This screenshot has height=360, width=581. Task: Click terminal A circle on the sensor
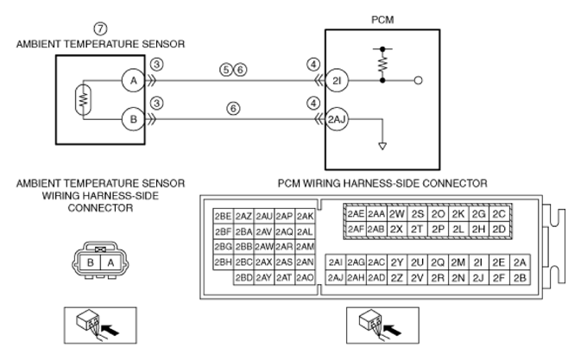tap(134, 80)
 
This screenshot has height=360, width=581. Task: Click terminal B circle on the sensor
tap(134, 119)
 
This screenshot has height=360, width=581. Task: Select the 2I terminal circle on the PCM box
tap(337, 80)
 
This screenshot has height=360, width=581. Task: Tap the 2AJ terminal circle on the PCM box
tap(337, 119)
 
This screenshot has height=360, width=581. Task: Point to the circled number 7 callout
tap(100, 28)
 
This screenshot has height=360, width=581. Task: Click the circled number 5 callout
tap(225, 70)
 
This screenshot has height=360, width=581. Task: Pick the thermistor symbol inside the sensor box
tap(84, 99)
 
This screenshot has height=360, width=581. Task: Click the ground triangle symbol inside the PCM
tap(382, 146)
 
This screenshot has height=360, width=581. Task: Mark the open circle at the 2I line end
tap(418, 80)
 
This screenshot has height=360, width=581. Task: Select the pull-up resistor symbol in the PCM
tap(382, 64)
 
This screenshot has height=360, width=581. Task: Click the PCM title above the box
tap(382, 20)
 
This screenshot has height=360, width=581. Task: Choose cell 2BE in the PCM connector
tap(223, 217)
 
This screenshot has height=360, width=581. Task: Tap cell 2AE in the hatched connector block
tap(356, 214)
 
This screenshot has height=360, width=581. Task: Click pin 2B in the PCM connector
tap(520, 278)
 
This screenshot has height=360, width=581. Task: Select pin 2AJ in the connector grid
tap(336, 278)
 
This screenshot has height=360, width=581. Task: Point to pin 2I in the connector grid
tap(478, 262)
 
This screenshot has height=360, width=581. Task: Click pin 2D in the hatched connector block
tap(499, 230)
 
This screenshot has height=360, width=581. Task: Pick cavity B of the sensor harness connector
tap(90, 263)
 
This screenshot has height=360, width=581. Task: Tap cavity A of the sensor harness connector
tap(111, 263)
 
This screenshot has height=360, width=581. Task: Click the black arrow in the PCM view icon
tap(393, 329)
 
